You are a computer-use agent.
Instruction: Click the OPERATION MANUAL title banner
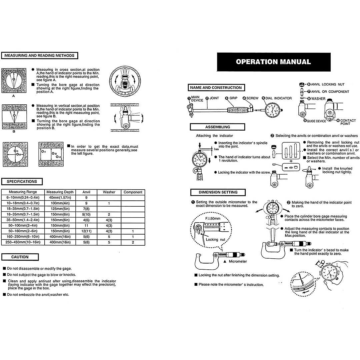coord(273,62)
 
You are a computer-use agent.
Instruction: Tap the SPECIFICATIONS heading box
coord(22,182)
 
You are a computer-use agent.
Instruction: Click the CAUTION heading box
coord(20,257)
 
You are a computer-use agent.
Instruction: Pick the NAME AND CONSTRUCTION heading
coord(216,88)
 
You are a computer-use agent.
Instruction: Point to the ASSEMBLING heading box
coord(217,127)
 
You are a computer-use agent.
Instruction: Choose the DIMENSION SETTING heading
coord(218,192)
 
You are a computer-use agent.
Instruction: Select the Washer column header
coord(109,192)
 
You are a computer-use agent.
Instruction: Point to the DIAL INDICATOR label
coord(278,98)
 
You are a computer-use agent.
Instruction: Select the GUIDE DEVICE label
coord(316,121)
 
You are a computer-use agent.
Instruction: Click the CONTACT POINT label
coord(348,122)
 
